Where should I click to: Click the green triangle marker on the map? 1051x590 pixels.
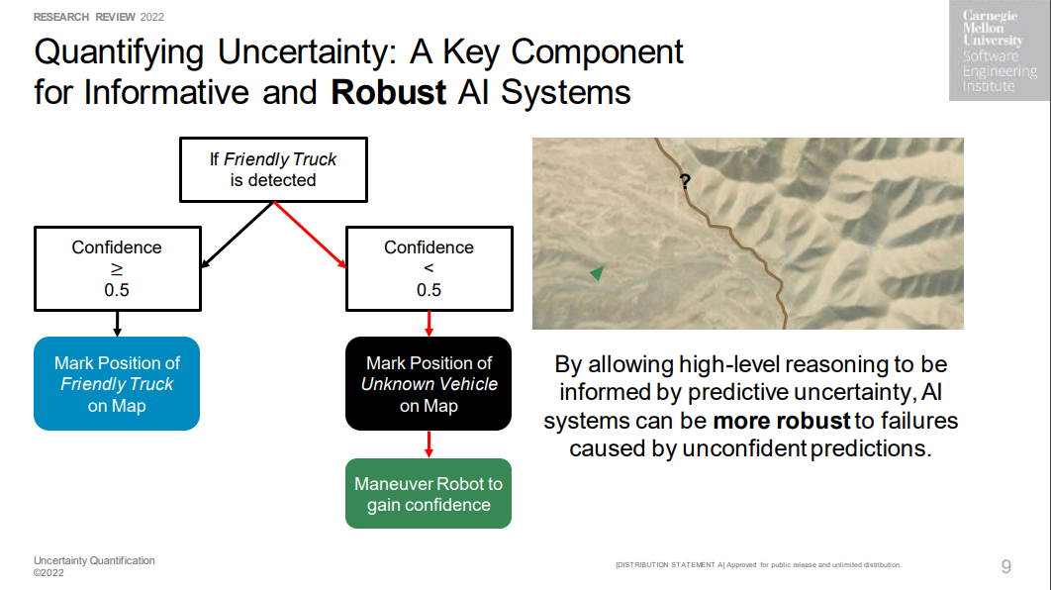(597, 272)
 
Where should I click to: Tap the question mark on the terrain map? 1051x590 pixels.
(685, 181)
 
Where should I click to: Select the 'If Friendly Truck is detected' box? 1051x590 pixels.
(273, 169)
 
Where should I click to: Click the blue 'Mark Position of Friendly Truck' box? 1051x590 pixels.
(117, 383)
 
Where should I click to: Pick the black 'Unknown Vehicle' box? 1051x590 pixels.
(429, 383)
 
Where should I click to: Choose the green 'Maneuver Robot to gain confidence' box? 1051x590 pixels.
(429, 493)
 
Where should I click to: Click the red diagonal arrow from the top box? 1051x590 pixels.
(310, 235)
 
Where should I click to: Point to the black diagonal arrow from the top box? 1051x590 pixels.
(238, 235)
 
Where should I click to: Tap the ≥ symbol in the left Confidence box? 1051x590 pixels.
(117, 269)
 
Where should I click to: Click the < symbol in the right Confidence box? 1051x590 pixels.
(429, 268)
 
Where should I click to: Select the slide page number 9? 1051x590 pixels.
(1006, 566)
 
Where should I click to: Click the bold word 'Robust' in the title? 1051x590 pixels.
(388, 92)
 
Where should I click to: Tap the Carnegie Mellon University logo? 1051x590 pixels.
(1000, 50)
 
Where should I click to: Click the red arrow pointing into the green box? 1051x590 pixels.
(429, 444)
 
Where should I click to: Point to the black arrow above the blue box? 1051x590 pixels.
(118, 324)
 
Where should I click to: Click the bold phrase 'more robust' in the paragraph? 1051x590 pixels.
(782, 421)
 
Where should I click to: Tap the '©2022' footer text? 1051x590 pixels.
(48, 572)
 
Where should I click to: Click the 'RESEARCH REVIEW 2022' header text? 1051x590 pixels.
(99, 17)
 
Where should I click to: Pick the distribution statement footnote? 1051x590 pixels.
(758, 564)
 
